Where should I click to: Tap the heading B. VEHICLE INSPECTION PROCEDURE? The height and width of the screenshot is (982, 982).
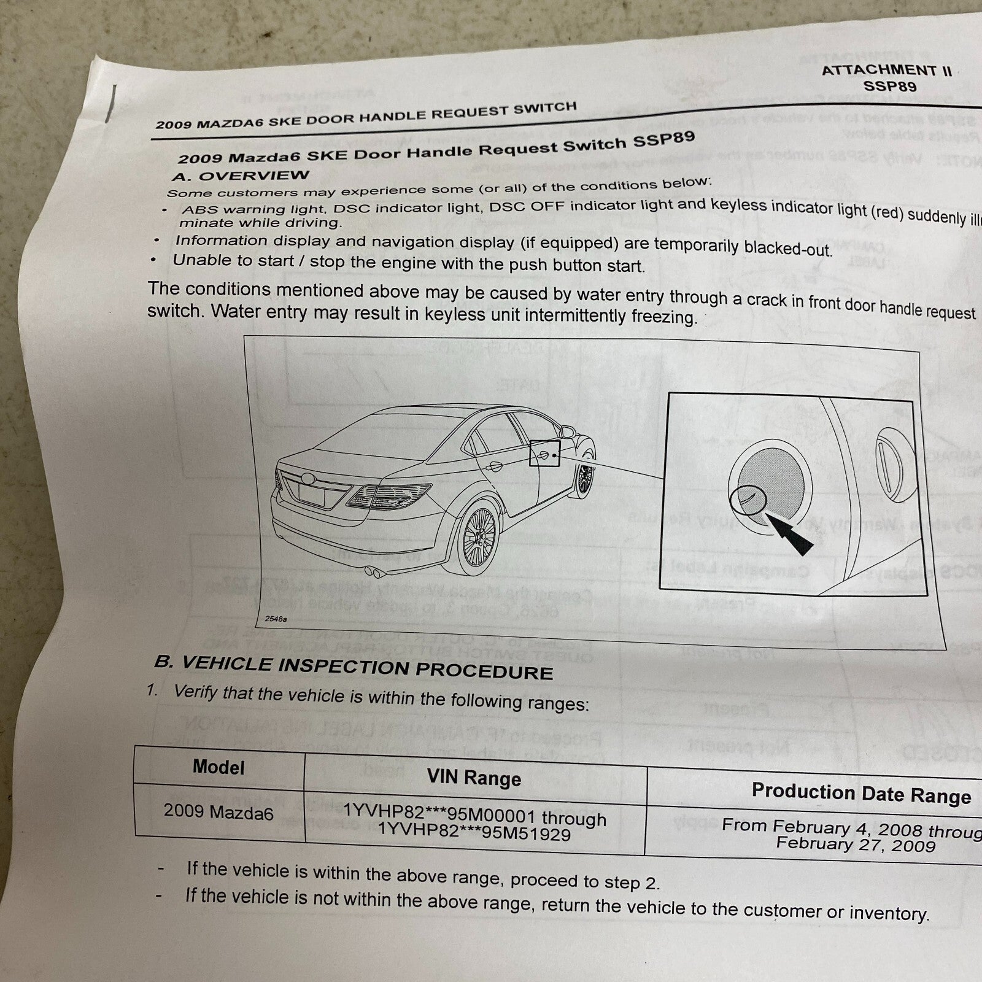click(354, 667)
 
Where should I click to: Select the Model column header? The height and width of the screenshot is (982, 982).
click(218, 767)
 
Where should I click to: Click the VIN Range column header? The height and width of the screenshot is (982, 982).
click(474, 778)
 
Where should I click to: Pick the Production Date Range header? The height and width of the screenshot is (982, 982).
click(860, 793)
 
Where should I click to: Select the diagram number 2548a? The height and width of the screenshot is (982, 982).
click(275, 619)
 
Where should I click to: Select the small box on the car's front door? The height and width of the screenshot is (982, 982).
click(544, 454)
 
